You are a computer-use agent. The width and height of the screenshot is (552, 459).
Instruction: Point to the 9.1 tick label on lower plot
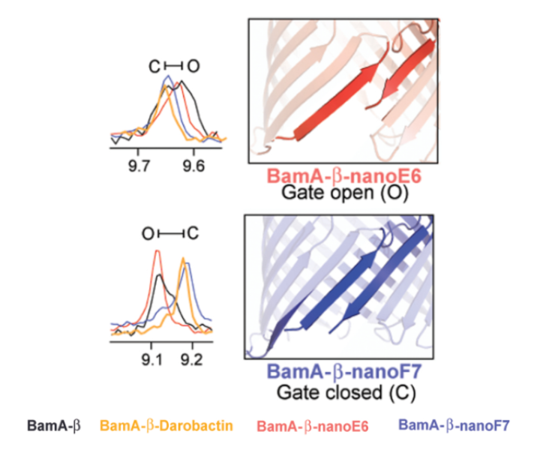(152, 358)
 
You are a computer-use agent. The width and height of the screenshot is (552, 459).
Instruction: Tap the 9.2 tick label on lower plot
(193, 358)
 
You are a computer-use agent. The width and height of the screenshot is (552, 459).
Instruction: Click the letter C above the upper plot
(154, 67)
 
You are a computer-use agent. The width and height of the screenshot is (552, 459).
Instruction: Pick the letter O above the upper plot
(193, 67)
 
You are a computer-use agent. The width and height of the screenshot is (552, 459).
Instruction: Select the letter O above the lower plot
(148, 233)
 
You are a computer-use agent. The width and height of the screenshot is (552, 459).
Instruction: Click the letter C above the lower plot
(193, 233)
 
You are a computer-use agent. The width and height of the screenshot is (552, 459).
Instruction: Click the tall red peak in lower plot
(157, 252)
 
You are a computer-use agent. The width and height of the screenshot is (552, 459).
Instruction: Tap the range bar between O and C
(170, 233)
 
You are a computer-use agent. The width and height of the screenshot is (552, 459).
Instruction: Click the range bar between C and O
(173, 67)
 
